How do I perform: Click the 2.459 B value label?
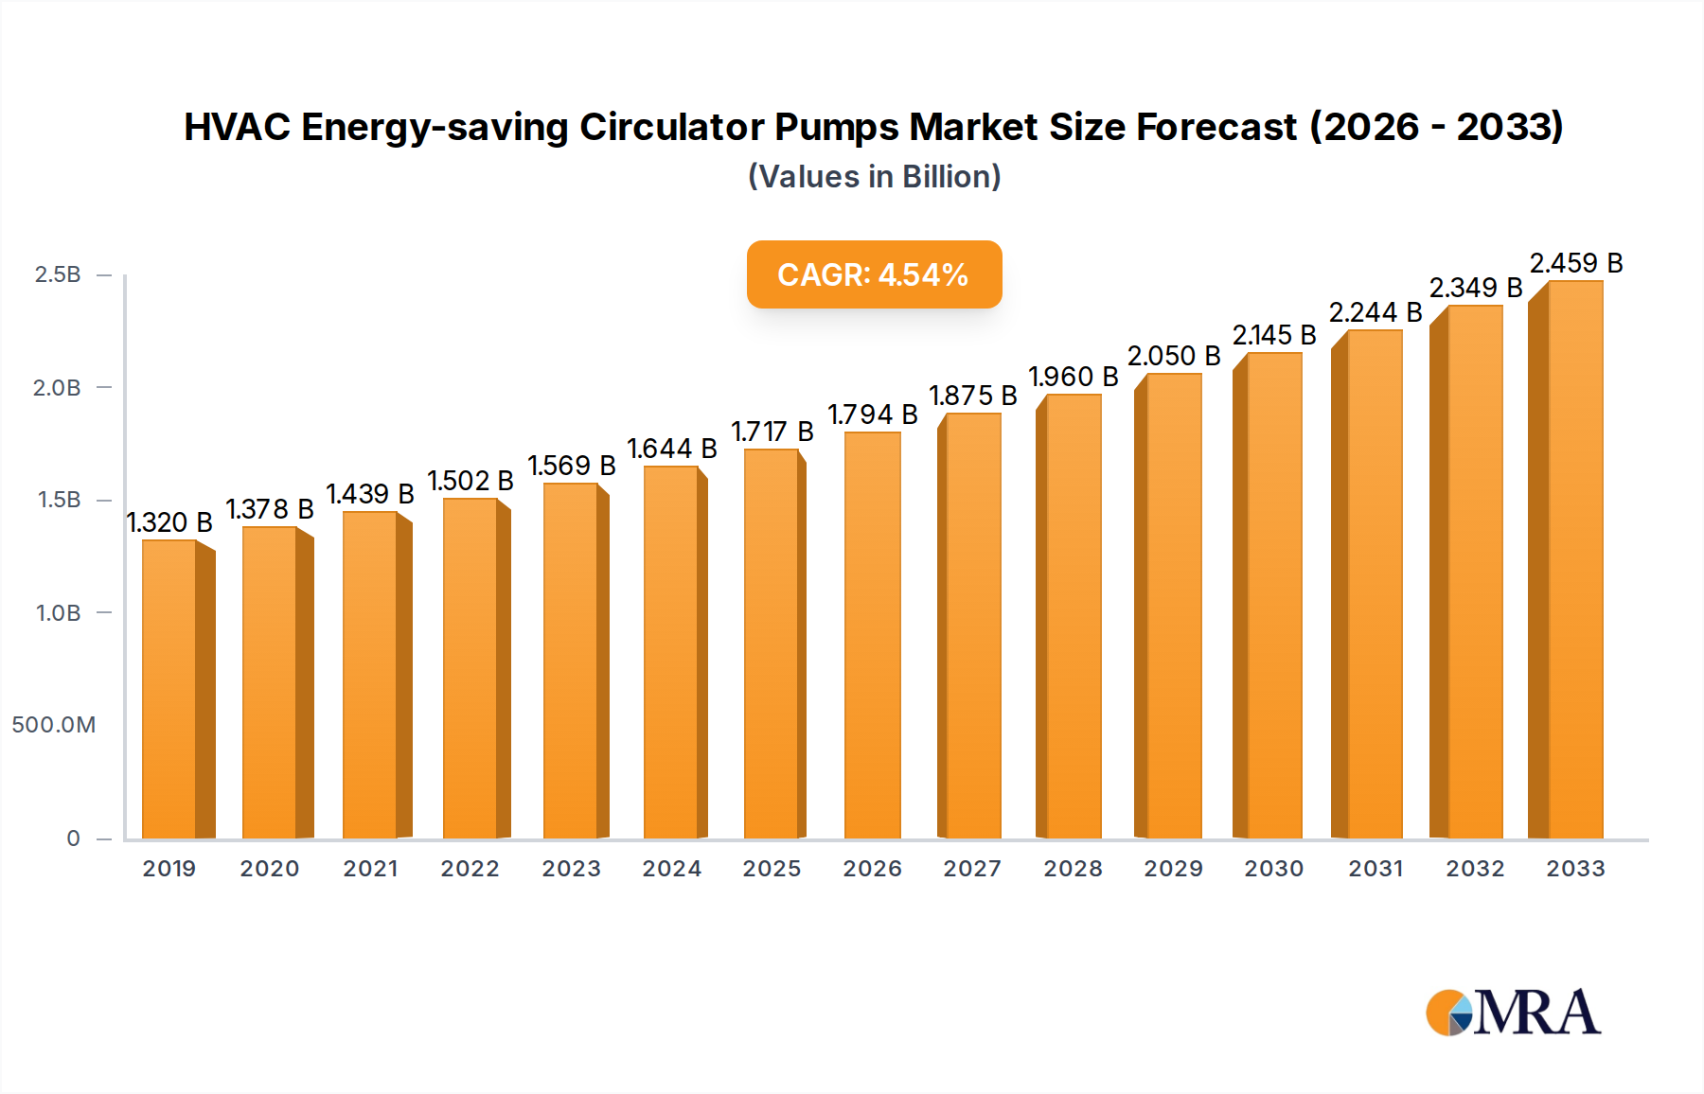click(1576, 263)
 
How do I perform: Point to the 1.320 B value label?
click(169, 522)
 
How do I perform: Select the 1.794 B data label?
click(872, 415)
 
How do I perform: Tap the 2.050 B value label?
click(1174, 356)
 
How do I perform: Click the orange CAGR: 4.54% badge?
click(874, 274)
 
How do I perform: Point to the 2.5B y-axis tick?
click(58, 274)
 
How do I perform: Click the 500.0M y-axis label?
click(54, 725)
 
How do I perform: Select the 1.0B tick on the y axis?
click(58, 613)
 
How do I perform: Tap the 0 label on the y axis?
click(73, 838)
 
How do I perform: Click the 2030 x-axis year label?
click(1273, 869)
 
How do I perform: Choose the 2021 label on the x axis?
click(370, 869)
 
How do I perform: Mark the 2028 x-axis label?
click(1073, 869)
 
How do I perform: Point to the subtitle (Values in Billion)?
click(874, 177)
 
